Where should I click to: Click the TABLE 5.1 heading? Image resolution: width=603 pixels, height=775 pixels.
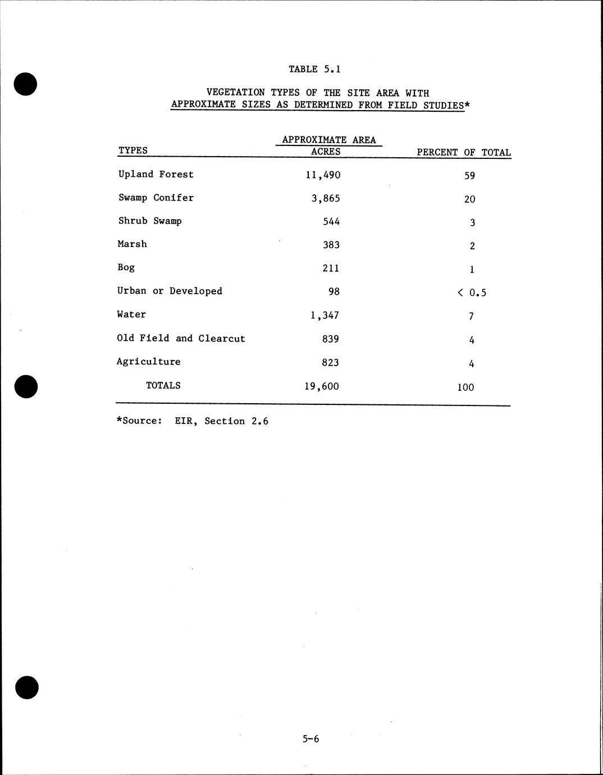tap(314, 69)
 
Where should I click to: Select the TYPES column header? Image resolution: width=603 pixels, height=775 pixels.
tap(133, 151)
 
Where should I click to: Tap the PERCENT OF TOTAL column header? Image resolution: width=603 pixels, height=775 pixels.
tap(464, 152)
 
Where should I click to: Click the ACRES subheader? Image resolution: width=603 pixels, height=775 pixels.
tap(326, 152)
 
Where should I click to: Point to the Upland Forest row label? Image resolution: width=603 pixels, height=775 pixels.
tap(156, 174)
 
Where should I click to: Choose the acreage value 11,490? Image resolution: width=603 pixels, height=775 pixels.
tap(323, 175)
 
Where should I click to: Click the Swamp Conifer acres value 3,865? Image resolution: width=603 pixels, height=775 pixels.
tap(326, 198)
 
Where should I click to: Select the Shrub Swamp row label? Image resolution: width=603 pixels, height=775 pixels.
tap(150, 221)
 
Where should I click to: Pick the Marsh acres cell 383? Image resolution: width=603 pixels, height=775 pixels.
tap(331, 245)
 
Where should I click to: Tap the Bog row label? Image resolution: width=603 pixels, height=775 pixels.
tap(126, 267)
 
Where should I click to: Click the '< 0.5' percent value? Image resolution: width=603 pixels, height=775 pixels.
tap(472, 292)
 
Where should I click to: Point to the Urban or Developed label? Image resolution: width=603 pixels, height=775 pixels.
tap(170, 291)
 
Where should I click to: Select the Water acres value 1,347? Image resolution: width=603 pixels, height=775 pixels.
tap(325, 315)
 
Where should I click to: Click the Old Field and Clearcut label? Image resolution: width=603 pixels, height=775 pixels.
tap(181, 338)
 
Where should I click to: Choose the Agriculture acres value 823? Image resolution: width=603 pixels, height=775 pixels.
tap(330, 362)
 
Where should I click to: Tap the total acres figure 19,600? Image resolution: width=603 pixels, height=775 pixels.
tap(322, 386)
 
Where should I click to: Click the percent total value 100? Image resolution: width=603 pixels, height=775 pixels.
tap(465, 387)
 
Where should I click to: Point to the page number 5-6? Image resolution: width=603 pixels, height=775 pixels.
tap(310, 739)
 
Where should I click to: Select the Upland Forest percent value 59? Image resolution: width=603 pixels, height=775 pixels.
tap(469, 176)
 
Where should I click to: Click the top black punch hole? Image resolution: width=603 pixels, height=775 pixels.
tap(25, 84)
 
